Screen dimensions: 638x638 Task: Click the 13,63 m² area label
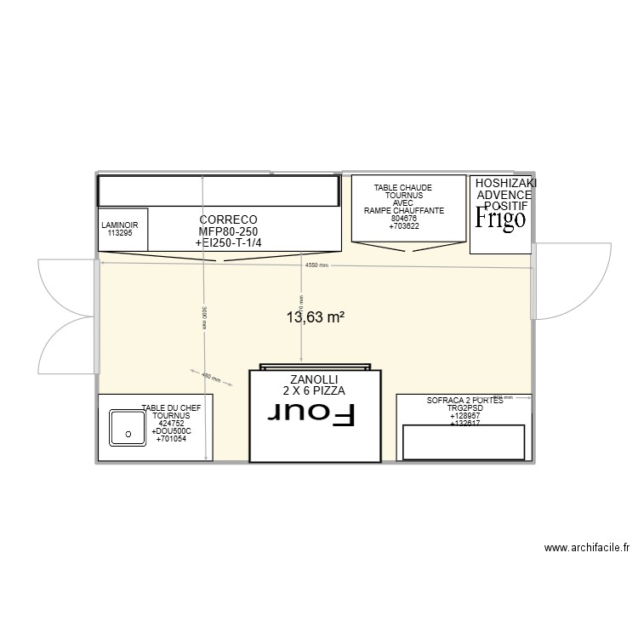[315, 317]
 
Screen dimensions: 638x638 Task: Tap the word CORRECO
[228, 220]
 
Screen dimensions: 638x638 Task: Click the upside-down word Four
[311, 415]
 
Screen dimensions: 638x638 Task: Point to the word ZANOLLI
[314, 379]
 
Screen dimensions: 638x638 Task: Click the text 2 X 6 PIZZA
[314, 391]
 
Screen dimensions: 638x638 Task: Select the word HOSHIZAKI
[505, 184]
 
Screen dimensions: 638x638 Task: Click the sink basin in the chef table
[128, 428]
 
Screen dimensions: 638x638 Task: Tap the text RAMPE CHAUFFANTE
[403, 211]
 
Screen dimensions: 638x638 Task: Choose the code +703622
[403, 226]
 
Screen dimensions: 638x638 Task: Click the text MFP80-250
[228, 231]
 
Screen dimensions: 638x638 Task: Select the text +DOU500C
[171, 431]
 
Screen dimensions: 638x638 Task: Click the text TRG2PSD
[464, 407]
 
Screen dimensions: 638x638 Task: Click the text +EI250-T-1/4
[228, 243]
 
